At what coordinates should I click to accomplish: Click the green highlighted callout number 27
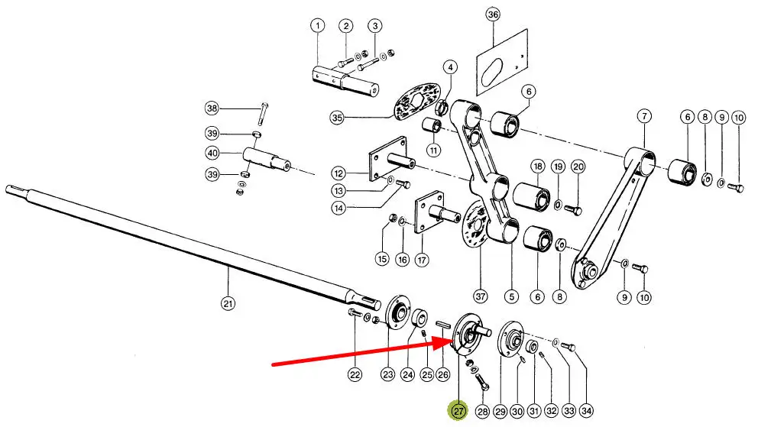coord(458,411)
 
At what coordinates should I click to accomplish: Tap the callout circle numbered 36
coord(493,15)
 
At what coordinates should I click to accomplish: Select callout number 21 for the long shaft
coord(228,303)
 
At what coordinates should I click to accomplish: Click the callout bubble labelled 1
coord(317,27)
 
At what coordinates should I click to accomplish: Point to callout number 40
coord(212,153)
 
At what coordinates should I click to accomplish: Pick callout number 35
coord(338,118)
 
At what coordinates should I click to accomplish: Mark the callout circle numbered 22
coord(355,374)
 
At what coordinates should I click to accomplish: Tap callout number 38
coord(212,106)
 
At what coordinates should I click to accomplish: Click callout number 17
coord(422,259)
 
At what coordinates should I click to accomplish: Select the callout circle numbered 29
coord(500,412)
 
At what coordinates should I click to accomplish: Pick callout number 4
coord(452,67)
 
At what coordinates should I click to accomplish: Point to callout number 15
coord(382,259)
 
